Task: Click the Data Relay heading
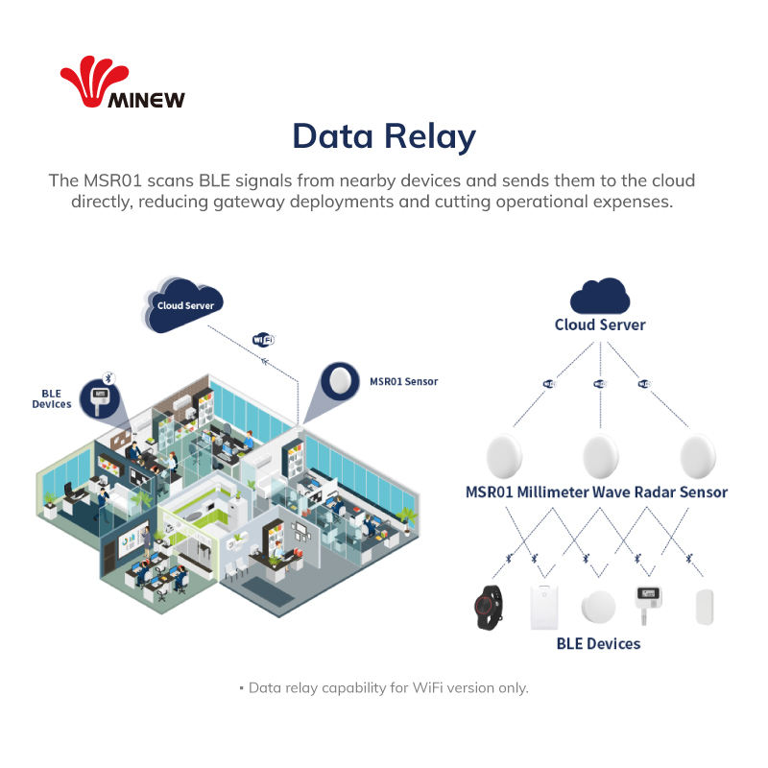click(x=384, y=136)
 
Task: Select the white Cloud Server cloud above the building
click(x=184, y=304)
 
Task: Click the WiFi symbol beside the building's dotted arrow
click(x=263, y=339)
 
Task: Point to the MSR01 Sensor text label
click(x=403, y=381)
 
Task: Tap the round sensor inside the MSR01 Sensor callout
click(x=339, y=381)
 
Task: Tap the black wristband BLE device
click(x=490, y=606)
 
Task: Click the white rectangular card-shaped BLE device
click(x=546, y=606)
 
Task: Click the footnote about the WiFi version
click(x=384, y=687)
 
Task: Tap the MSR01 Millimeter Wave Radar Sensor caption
click(x=596, y=492)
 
